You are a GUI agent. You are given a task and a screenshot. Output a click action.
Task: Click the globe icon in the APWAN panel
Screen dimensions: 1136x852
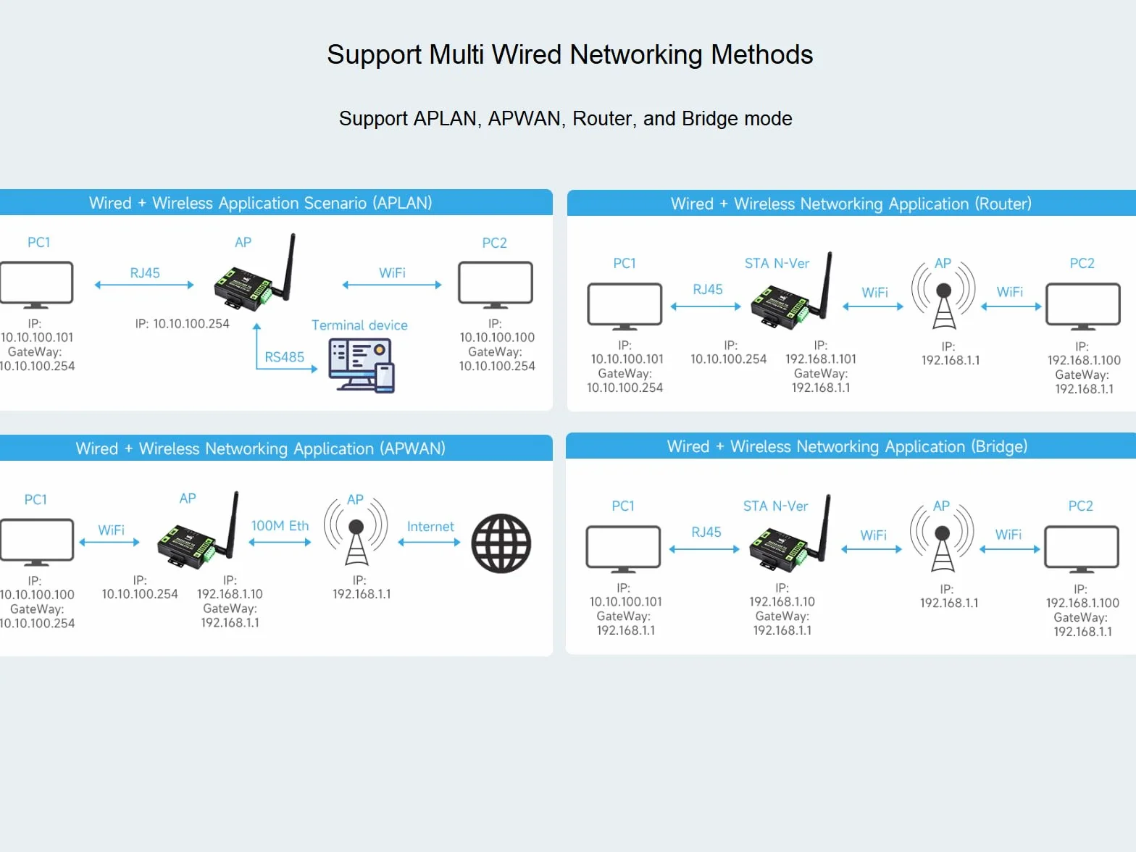[x=501, y=543]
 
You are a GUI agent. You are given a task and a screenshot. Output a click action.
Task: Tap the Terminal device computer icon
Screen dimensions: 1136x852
[x=362, y=366]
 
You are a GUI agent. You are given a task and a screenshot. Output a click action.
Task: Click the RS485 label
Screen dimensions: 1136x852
[x=284, y=357]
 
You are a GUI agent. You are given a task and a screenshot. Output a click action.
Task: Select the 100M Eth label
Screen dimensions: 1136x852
[x=280, y=525]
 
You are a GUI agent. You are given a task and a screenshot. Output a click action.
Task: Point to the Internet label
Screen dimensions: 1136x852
[x=430, y=527]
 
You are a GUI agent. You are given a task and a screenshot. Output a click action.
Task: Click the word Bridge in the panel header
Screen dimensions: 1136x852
[x=999, y=446]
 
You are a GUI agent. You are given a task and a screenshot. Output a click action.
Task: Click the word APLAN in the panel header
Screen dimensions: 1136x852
[x=402, y=203]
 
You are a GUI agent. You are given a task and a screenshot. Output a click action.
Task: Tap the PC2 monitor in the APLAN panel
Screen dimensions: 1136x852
[x=496, y=285]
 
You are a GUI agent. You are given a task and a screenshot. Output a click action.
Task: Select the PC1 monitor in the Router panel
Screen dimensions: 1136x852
[x=625, y=306]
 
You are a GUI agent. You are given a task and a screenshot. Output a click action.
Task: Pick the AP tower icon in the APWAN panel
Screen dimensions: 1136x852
[x=356, y=532]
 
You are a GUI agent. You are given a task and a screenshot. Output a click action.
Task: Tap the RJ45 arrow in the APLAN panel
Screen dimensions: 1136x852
[x=144, y=285]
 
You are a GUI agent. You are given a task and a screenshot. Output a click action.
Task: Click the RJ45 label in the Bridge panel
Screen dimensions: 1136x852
[x=706, y=532]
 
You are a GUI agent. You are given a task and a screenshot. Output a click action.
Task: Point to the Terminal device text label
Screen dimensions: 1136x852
[x=359, y=325]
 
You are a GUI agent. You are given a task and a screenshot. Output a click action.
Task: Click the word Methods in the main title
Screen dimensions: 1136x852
[x=761, y=54]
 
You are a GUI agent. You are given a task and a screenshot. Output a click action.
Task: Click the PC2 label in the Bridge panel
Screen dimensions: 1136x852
[x=1081, y=506]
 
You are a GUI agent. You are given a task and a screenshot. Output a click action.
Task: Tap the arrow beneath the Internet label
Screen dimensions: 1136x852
[x=429, y=542]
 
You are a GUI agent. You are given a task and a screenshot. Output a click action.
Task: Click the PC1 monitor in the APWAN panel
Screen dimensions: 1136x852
[x=37, y=542]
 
